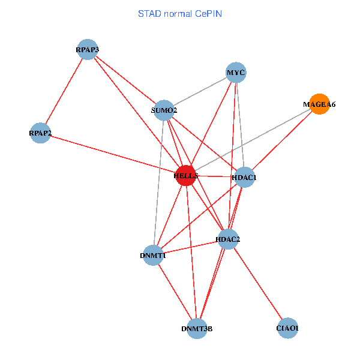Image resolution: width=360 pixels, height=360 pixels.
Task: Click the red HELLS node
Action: point(186,175)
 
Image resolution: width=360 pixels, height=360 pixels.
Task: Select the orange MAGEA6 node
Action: point(319,104)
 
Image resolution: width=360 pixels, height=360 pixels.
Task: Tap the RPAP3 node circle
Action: point(88,49)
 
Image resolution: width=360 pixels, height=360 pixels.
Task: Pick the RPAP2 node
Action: point(40,133)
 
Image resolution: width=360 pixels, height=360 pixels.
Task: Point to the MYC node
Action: point(236,73)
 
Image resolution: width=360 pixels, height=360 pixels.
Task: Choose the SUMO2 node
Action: point(164,110)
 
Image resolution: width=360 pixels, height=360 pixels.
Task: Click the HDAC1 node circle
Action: point(244,177)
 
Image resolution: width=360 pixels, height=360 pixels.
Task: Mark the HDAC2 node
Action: point(228,239)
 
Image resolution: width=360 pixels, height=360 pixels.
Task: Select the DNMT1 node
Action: point(154,256)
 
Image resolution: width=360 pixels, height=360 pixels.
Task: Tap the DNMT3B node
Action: point(197,328)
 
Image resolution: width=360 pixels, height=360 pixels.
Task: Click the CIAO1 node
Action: point(288,328)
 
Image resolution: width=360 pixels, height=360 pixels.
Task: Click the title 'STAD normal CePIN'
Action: point(179,13)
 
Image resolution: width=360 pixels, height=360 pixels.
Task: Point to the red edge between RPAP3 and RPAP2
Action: point(64,91)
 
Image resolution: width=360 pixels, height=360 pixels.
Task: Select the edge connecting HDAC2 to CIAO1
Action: point(258,283)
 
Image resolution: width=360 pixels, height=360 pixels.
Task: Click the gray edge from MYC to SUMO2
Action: point(200,91)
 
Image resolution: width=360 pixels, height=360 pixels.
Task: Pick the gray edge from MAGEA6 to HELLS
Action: point(253,139)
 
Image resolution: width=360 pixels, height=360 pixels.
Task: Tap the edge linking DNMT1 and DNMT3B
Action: point(175,292)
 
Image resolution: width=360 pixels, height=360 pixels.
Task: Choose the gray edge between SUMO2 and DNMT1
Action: point(159,182)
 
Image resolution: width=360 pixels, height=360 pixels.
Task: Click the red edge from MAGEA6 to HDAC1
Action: point(282,140)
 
